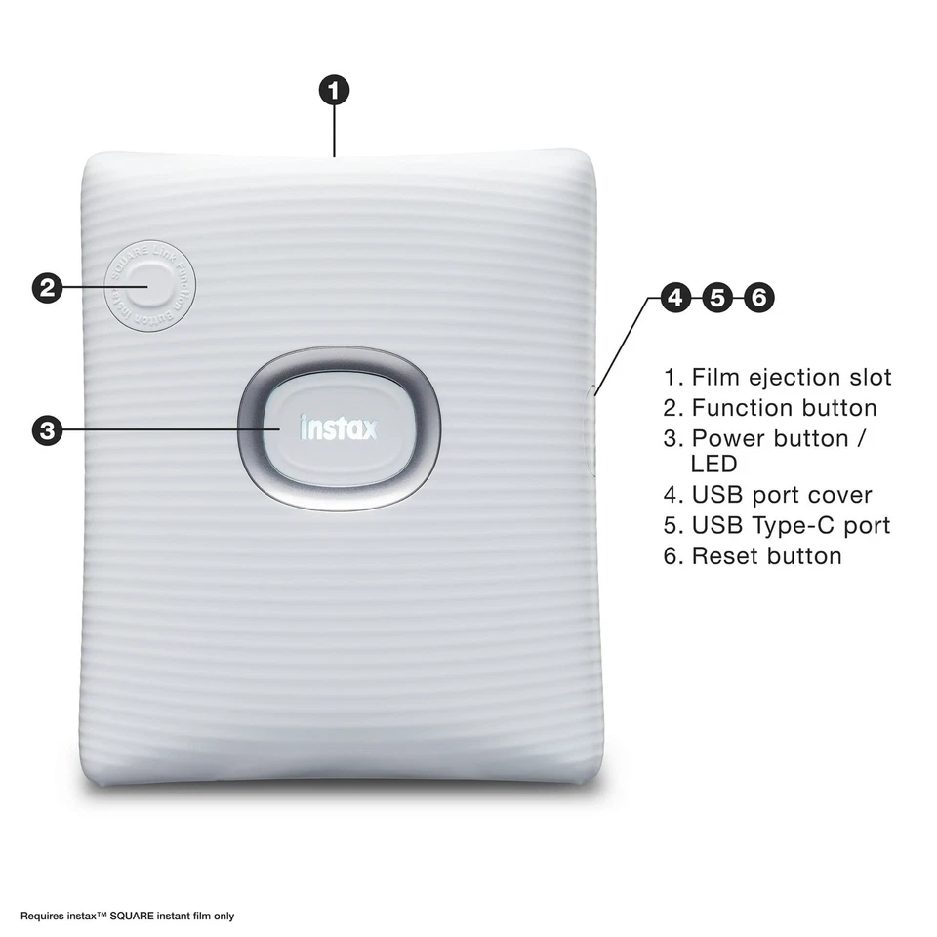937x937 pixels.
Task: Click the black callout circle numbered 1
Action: tap(334, 91)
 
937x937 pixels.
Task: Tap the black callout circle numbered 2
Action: tap(48, 287)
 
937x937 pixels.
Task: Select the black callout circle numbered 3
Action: tap(48, 430)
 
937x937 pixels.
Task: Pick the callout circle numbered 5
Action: tap(717, 298)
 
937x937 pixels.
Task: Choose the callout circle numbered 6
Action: tap(758, 298)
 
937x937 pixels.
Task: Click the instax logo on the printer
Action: tap(338, 428)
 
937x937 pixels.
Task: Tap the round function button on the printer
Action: tap(149, 288)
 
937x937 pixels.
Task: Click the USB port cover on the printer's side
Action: tap(592, 429)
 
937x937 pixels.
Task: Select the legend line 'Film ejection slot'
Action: tap(778, 377)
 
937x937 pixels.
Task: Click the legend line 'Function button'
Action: tap(770, 407)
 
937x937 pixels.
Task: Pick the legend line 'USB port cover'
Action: tap(768, 495)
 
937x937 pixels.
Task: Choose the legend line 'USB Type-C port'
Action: tap(777, 525)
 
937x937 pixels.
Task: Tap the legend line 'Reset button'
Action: tap(753, 556)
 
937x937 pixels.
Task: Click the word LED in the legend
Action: tap(713, 465)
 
